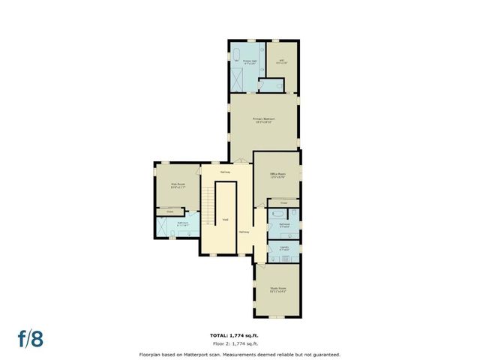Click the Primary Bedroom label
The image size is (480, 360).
point(263,121)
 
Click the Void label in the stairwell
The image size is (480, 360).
point(225,220)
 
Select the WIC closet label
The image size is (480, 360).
point(282,62)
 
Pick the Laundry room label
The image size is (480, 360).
point(284,248)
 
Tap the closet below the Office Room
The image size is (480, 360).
point(283,203)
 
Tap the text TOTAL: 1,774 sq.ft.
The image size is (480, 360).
point(239,334)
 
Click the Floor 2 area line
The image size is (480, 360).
point(239,343)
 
